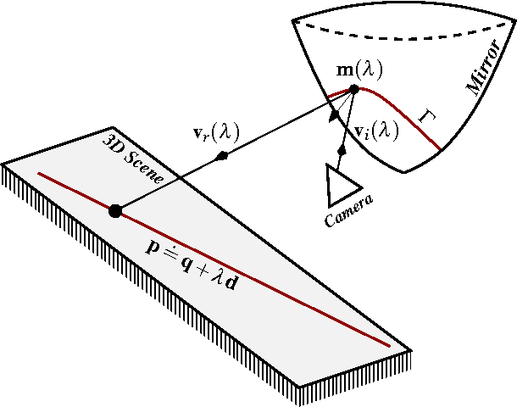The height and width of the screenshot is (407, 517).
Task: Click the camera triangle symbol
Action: click(341, 184)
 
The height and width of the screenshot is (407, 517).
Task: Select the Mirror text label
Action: click(483, 76)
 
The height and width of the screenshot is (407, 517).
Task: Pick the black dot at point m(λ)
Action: click(354, 88)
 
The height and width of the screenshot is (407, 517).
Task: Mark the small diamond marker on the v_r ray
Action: click(222, 156)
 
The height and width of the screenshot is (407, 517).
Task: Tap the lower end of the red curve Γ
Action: click(440, 148)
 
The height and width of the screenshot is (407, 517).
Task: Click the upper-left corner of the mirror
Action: click(292, 18)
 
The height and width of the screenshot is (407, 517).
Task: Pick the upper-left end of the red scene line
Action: click(39, 174)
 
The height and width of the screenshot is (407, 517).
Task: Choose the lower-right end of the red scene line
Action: click(389, 346)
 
